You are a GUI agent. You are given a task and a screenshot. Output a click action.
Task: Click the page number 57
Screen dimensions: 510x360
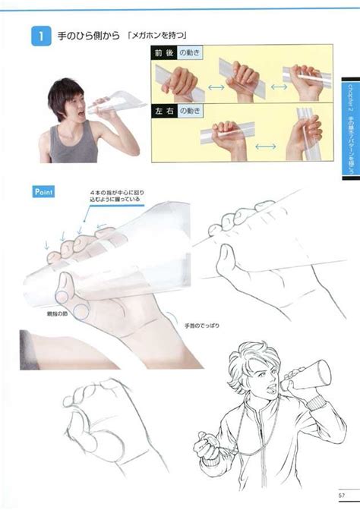tap(343, 497)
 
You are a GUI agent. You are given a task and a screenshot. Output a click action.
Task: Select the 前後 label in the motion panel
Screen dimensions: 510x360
tap(165, 52)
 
